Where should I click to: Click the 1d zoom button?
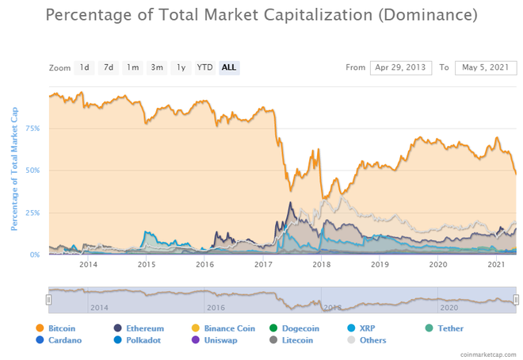pyautogui.click(x=84, y=67)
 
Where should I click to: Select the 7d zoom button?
pyautogui.click(x=109, y=67)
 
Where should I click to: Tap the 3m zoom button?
pyautogui.click(x=157, y=67)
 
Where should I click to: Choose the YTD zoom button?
pyautogui.click(x=204, y=67)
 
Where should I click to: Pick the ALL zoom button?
pyautogui.click(x=229, y=67)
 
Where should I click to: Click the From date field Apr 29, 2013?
pyautogui.click(x=400, y=67)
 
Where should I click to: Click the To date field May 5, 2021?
pyautogui.click(x=486, y=67)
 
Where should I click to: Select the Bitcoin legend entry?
pyautogui.click(x=61, y=328)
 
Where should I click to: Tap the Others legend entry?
pyautogui.click(x=372, y=340)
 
